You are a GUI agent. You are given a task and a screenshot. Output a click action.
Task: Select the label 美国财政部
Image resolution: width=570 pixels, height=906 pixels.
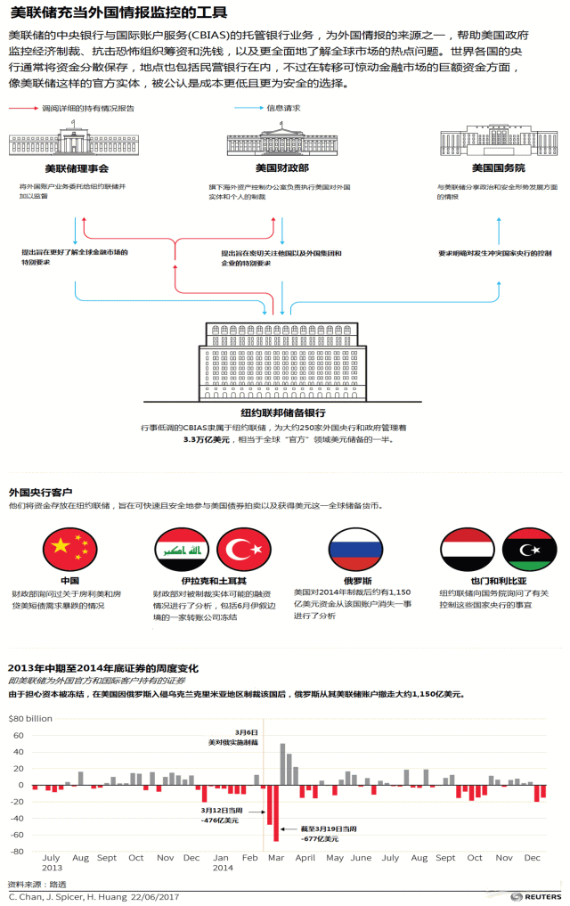pos(281,168)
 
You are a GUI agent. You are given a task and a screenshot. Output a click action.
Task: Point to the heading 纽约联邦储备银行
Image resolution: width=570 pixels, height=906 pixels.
pos(282,412)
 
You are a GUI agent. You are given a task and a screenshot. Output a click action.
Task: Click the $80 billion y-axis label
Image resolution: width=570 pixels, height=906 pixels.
pos(30,717)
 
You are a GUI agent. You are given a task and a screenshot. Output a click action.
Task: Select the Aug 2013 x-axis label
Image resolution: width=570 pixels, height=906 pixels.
pos(80,858)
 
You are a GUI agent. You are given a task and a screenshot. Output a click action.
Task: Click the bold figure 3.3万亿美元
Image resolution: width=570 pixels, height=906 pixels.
pos(207,439)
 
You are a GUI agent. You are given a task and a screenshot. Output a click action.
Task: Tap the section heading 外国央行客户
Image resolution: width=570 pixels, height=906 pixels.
pos(40,492)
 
